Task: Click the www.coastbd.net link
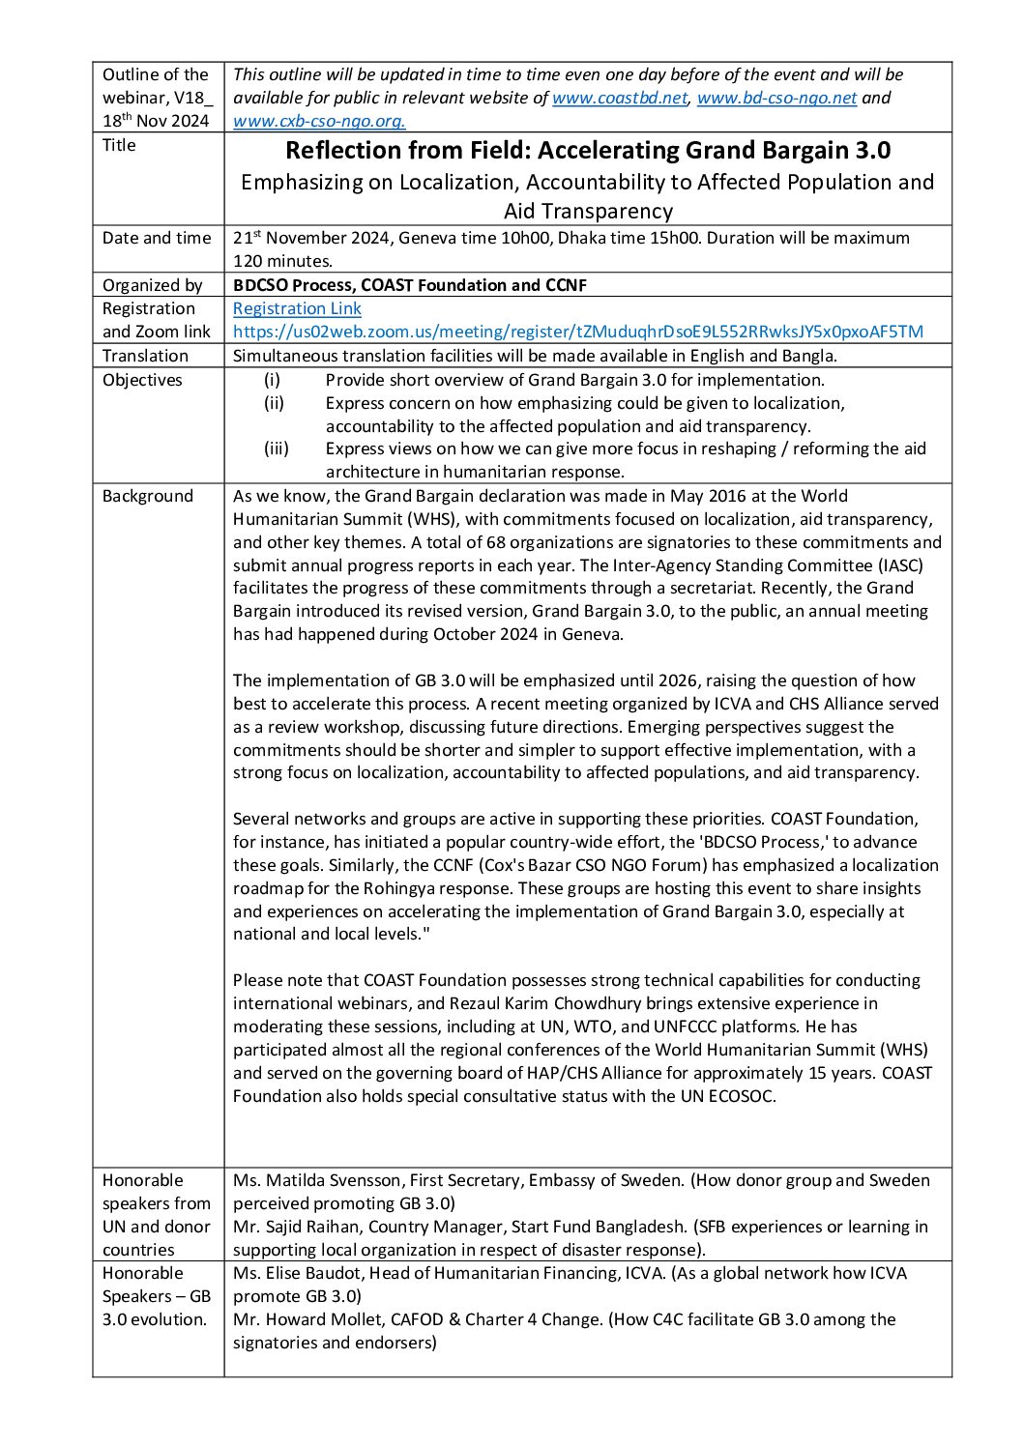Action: pos(619,98)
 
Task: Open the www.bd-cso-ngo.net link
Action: pos(776,98)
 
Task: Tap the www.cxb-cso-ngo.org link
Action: pos(319,121)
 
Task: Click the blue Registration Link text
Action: pos(297,308)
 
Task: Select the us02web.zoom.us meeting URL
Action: pos(577,332)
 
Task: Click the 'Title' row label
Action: pos(119,145)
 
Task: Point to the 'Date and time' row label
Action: pos(157,238)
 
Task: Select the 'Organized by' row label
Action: pos(153,285)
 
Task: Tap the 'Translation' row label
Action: pos(145,356)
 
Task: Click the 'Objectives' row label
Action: pos(142,380)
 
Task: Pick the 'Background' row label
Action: pos(148,496)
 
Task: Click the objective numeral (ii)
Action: pos(274,403)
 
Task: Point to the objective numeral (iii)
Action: pos(276,448)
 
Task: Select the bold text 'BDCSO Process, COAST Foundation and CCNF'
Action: pos(410,285)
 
